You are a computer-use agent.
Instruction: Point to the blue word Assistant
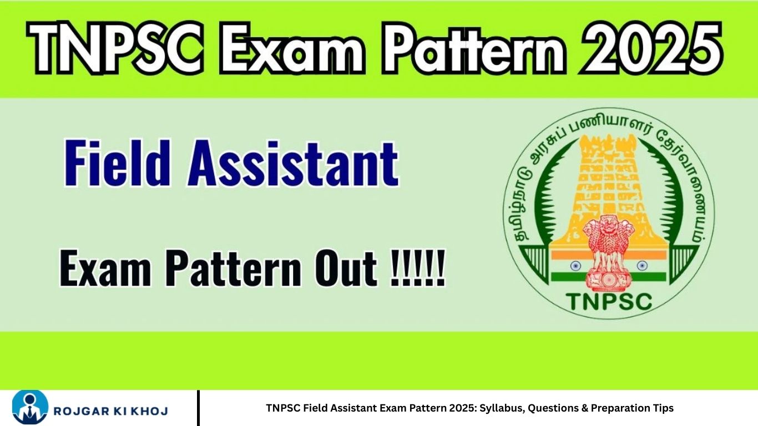[x=293, y=164]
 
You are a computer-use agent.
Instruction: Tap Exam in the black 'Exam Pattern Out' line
[x=105, y=268]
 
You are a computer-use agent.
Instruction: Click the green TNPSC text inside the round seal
[x=609, y=302]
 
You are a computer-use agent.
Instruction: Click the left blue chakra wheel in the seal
[x=575, y=266]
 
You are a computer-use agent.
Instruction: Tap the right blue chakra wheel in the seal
[x=642, y=266]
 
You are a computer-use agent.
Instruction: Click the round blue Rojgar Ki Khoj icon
[x=30, y=408]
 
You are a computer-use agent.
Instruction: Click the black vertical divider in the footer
[x=198, y=408]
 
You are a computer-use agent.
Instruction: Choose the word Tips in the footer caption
[x=663, y=408]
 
